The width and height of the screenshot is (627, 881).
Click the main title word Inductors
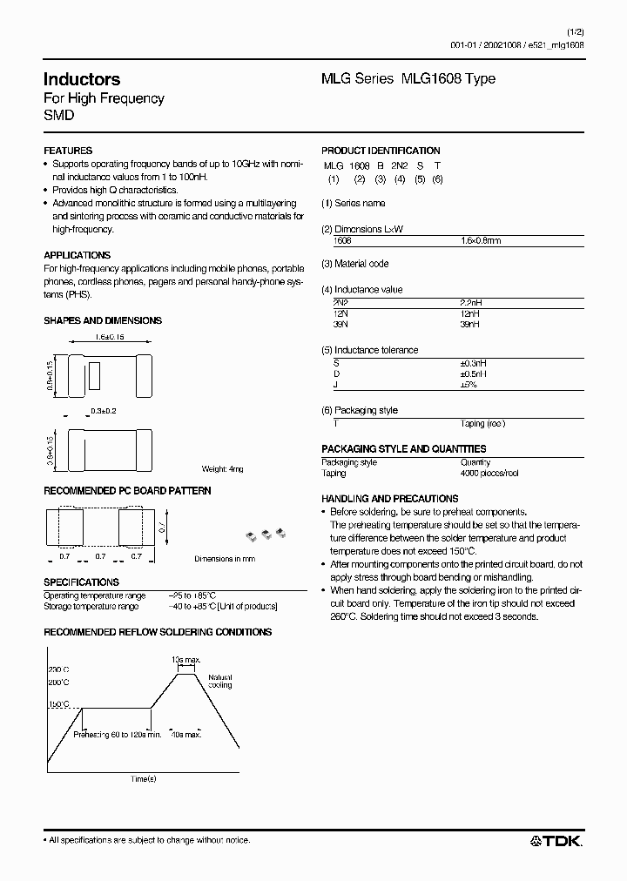(82, 79)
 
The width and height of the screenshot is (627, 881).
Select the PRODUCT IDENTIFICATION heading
(381, 151)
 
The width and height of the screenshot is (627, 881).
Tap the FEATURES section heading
(68, 151)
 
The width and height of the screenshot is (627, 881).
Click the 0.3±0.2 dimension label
(104, 409)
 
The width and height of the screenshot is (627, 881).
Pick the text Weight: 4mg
(222, 468)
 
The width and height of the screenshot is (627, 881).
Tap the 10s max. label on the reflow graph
(186, 661)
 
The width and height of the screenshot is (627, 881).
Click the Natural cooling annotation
(219, 681)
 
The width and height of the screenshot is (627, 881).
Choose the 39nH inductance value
(469, 324)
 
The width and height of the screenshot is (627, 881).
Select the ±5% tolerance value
(469, 384)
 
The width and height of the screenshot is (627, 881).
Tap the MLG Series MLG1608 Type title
(408, 78)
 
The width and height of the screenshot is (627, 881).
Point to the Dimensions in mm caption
(225, 558)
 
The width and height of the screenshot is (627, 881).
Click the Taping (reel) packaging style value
(482, 423)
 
